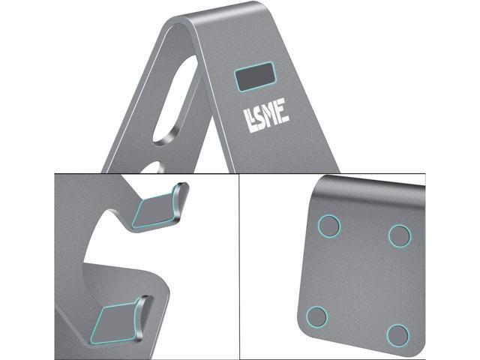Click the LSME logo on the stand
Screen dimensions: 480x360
[266, 115]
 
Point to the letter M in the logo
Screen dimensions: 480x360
[271, 115]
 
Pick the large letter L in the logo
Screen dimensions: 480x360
[249, 121]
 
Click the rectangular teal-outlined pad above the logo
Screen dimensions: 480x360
[255, 76]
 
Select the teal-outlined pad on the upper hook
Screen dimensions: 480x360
[156, 211]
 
